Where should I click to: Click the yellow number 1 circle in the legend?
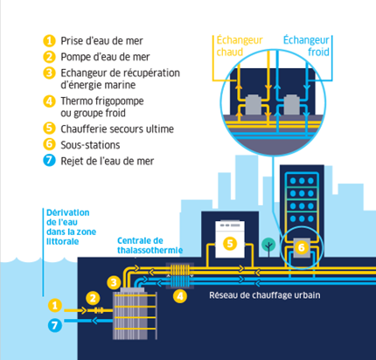point(49,41)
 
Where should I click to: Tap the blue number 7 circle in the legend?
point(49,161)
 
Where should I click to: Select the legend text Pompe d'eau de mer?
point(105,57)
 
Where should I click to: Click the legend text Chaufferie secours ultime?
point(117,128)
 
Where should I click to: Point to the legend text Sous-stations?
point(90,145)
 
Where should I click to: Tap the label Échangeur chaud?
point(240,45)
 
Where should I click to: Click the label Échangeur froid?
point(306,45)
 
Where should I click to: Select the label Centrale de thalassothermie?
point(150,246)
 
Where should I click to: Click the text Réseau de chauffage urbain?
point(265,295)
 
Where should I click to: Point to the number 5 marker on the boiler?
point(230,244)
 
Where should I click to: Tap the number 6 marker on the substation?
point(302,247)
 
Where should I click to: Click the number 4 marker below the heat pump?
point(180,296)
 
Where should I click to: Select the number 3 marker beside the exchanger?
point(114,282)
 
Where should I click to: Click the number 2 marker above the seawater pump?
point(93,298)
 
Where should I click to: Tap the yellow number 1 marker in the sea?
point(55,306)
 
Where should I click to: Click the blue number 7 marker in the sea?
point(55,325)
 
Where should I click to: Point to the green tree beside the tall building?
point(268,246)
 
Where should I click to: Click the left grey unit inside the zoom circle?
point(253,104)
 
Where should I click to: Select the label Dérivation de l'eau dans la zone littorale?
point(71,227)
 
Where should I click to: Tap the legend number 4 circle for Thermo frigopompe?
point(49,101)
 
